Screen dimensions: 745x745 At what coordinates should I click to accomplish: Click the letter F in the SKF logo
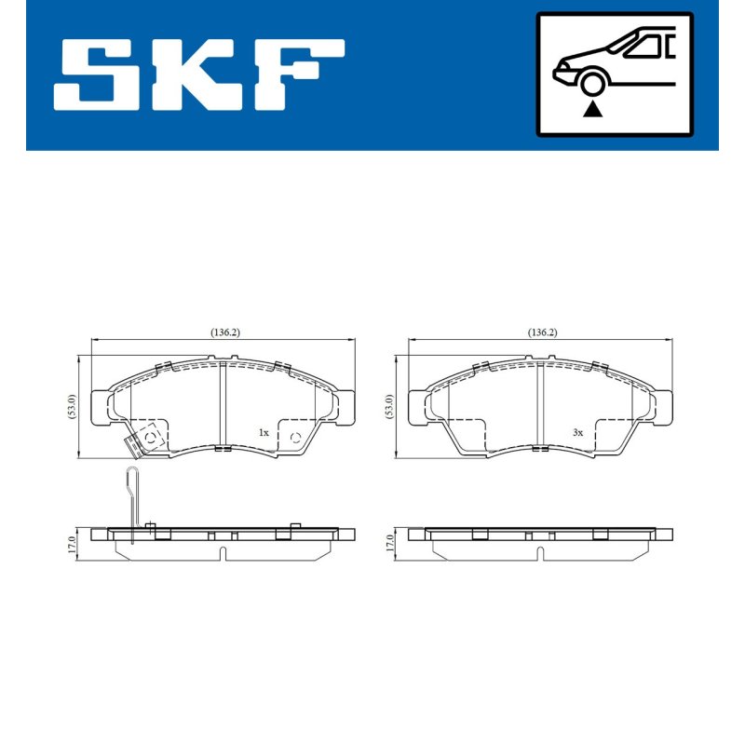point(299,74)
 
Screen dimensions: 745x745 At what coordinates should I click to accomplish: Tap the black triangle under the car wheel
point(592,110)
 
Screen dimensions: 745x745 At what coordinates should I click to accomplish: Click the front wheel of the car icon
point(592,83)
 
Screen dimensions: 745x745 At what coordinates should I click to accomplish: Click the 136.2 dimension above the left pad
point(225,332)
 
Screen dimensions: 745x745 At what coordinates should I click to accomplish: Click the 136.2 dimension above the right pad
point(542,332)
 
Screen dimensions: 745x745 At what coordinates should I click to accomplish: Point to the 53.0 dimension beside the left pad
point(72,406)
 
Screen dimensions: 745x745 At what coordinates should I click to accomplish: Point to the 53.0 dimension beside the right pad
point(389,406)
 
